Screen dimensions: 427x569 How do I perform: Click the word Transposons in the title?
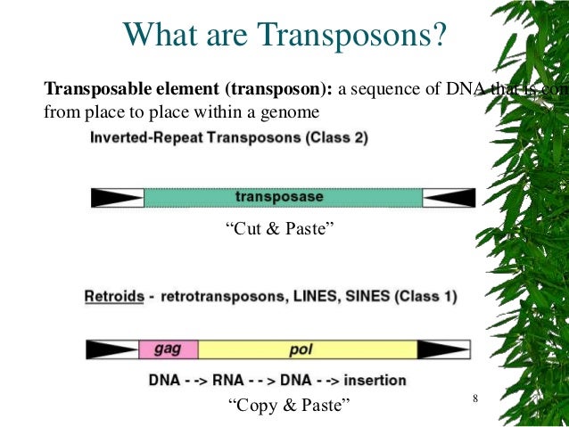354,36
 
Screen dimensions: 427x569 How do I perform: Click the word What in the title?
160,36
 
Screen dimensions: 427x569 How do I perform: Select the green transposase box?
283,197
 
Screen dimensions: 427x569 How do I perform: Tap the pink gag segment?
169,349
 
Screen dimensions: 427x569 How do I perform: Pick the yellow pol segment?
308,349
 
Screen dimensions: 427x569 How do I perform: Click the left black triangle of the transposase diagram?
117,197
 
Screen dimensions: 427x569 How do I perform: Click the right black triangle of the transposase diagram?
449,197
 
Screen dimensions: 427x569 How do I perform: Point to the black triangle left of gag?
112,349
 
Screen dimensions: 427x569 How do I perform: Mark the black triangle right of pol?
443,349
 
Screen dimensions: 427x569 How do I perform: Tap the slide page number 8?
475,397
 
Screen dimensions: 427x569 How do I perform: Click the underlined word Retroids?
114,296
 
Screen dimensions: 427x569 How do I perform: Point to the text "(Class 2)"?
337,139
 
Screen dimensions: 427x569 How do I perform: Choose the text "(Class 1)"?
431,296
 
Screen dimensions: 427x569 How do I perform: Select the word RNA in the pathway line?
234,381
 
